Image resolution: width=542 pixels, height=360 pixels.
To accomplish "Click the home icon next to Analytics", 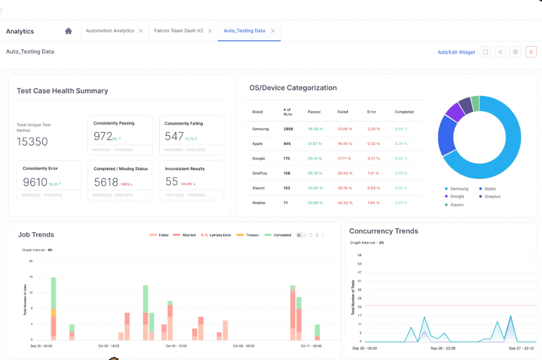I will tap(69, 31).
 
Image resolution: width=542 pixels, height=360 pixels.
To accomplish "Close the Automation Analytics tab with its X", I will tap(141, 31).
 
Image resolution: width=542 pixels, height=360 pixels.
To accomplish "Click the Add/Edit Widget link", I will tap(456, 52).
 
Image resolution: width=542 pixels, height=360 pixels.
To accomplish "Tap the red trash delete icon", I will tap(530, 52).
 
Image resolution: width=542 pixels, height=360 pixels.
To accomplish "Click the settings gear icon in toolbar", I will tap(515, 52).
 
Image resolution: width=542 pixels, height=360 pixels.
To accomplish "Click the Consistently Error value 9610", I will tap(35, 182).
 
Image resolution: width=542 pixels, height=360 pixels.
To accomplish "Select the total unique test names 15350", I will tap(32, 142).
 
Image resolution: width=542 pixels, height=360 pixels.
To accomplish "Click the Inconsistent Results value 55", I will tap(171, 182).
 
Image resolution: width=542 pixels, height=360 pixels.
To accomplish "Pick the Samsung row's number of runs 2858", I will tap(289, 129).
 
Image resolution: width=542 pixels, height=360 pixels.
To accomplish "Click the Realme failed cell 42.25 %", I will tap(345, 203).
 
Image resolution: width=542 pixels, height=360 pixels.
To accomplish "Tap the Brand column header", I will tap(257, 112).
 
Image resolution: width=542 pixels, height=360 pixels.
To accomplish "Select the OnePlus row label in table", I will tap(259, 173).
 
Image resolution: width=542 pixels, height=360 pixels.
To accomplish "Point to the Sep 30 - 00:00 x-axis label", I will tap(41, 346).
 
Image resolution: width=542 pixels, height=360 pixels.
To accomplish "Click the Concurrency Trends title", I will tap(383, 231).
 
